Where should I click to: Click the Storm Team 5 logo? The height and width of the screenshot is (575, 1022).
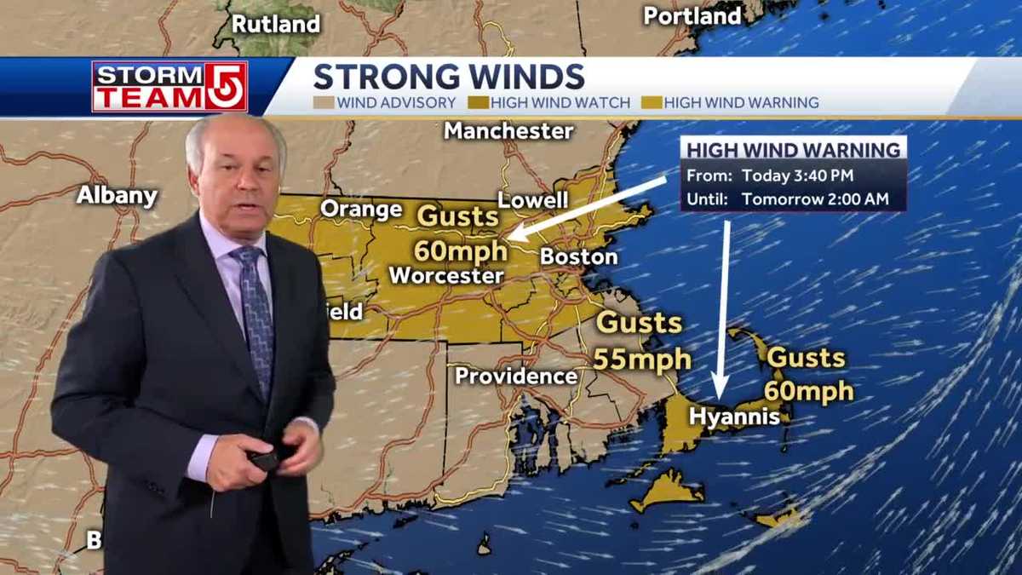tap(169, 87)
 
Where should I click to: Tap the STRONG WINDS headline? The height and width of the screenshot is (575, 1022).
tap(449, 77)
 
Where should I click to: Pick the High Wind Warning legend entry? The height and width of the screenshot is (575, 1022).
tap(732, 103)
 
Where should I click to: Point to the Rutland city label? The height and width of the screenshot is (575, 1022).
tap(276, 24)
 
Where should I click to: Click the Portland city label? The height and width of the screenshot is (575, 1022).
tap(692, 16)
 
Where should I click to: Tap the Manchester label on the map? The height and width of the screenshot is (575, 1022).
tap(508, 131)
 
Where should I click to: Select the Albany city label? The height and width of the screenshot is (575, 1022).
tap(118, 195)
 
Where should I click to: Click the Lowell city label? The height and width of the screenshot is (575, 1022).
tap(532, 200)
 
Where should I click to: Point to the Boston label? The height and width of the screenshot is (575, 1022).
tap(578, 256)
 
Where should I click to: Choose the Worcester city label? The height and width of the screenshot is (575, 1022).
tap(446, 276)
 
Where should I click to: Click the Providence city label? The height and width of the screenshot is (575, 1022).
tap(516, 376)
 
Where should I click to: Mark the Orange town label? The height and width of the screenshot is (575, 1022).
tap(361, 209)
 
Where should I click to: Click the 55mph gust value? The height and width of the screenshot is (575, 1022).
tap(641, 359)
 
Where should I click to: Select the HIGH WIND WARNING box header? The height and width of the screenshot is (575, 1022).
tap(793, 150)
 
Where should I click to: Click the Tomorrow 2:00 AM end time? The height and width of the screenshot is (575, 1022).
tap(815, 198)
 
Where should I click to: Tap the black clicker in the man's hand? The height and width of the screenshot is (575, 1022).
tap(266, 460)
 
